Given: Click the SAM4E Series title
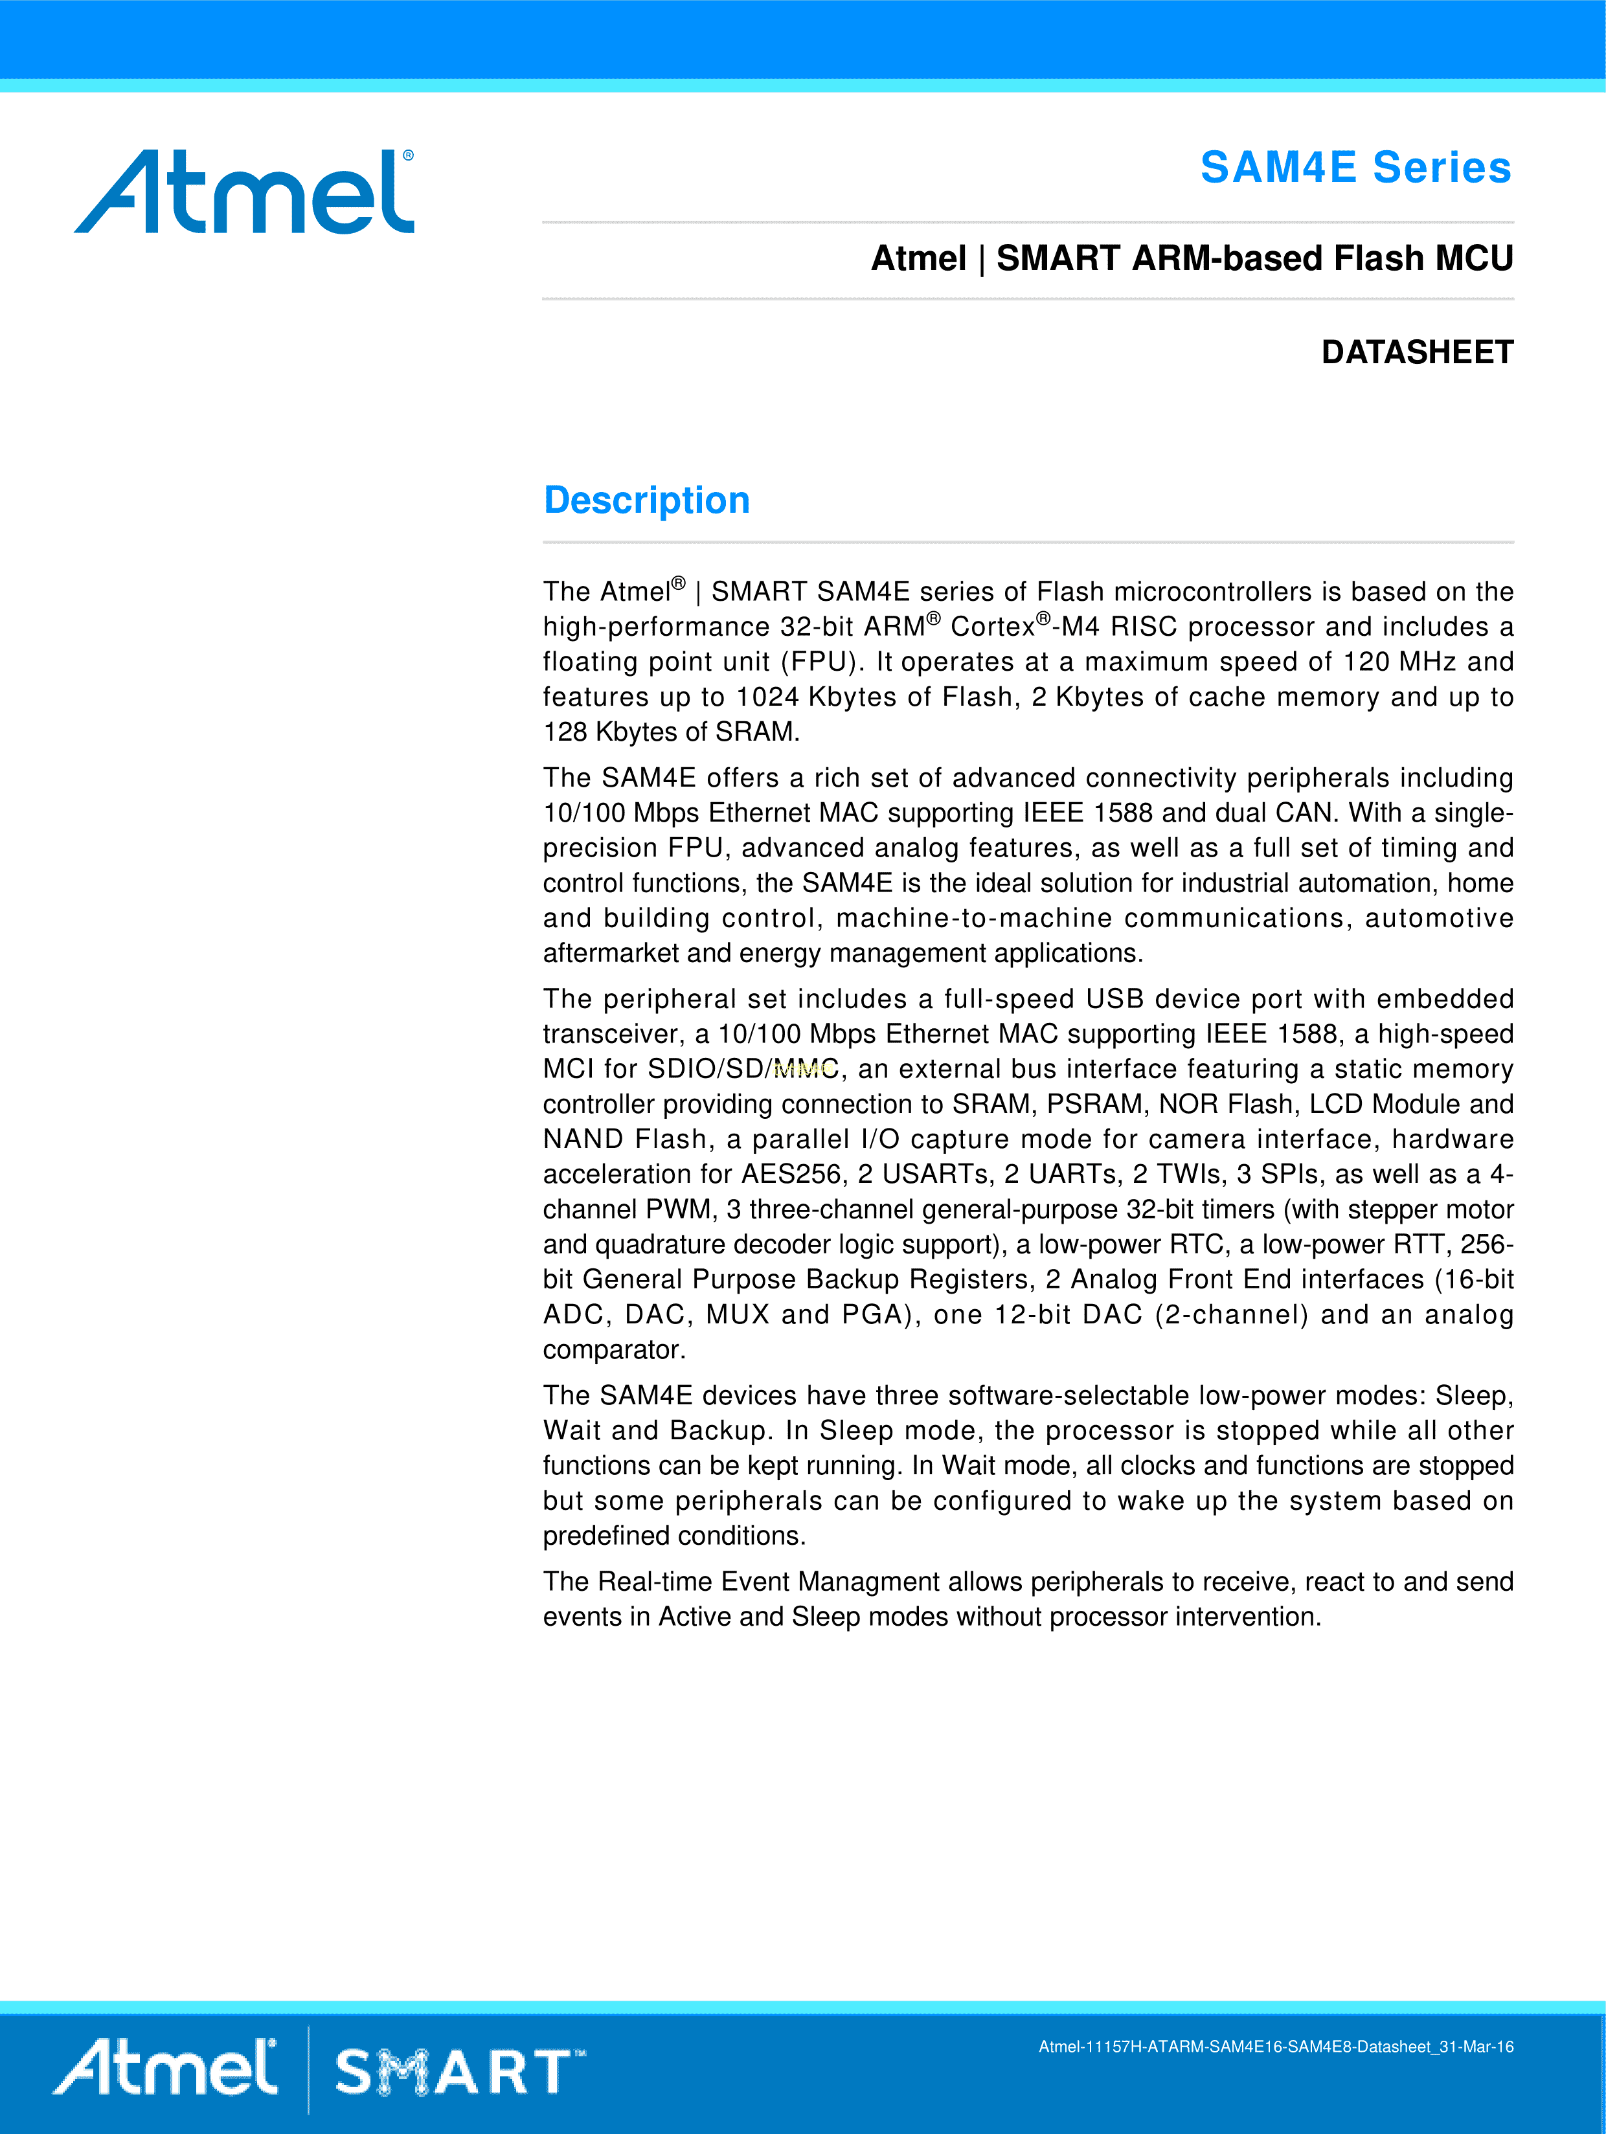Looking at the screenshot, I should pyautogui.click(x=1355, y=168).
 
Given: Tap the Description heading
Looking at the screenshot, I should pyautogui.click(x=647, y=500).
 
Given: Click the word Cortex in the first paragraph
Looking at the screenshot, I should pyautogui.click(x=992, y=627).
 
